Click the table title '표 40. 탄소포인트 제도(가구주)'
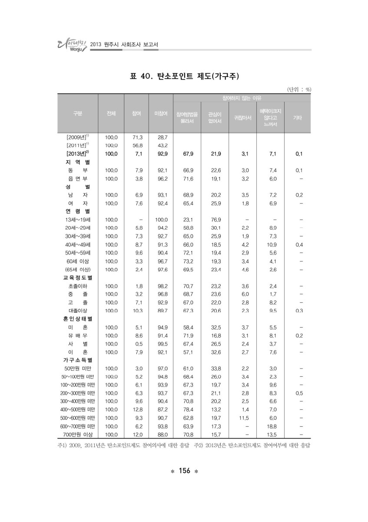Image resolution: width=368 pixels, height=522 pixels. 184,77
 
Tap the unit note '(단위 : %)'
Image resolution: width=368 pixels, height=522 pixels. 299,90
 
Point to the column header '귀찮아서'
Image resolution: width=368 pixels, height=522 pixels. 243,117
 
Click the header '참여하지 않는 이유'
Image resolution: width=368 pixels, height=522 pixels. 242,98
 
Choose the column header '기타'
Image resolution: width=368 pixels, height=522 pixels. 298,117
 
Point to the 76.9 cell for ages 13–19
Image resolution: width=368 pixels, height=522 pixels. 215,220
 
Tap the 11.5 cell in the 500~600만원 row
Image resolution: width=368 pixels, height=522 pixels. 243,418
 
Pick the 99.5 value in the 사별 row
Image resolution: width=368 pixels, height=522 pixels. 161,344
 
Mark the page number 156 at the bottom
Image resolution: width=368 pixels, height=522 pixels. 184,473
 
